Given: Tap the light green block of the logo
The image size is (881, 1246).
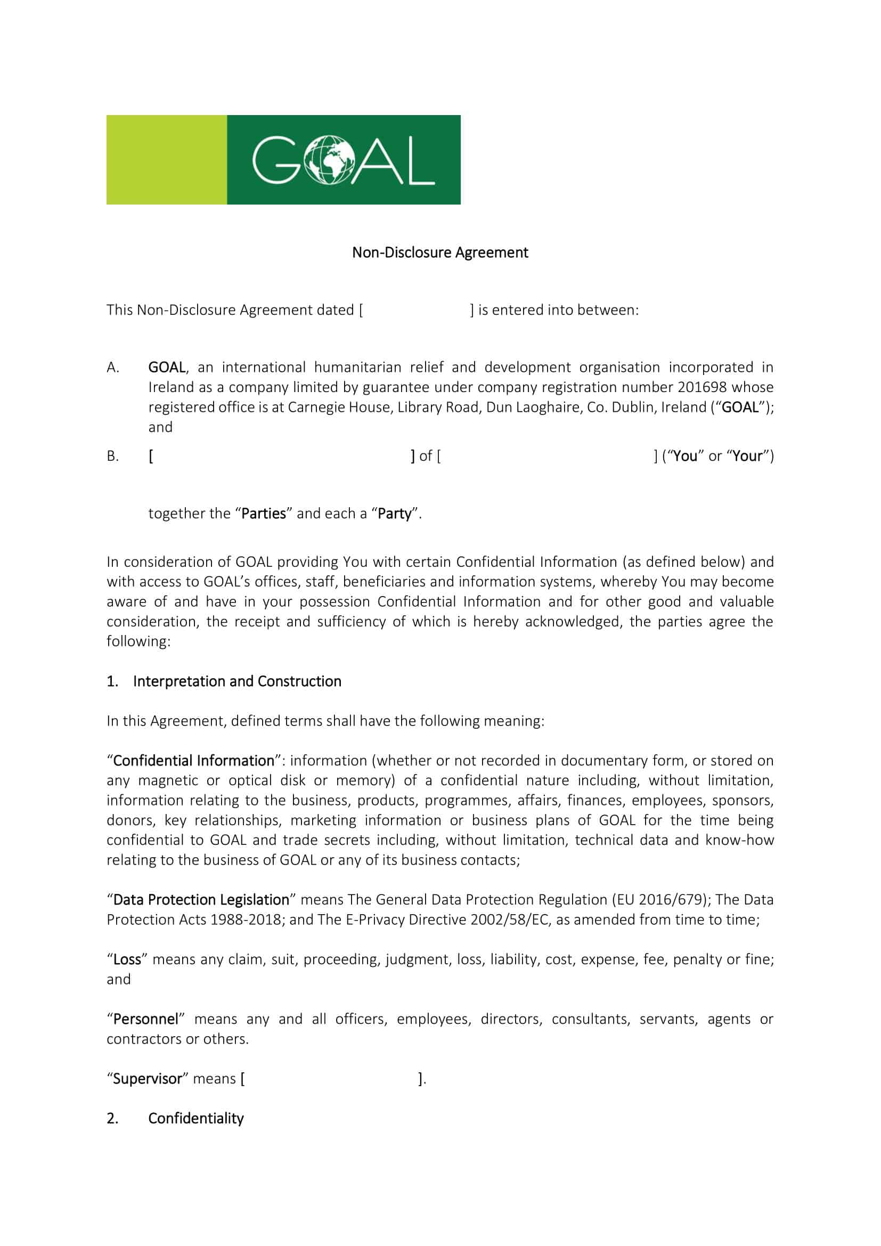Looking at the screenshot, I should click(x=167, y=160).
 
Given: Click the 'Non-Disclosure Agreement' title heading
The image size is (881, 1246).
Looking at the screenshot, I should click(x=440, y=253).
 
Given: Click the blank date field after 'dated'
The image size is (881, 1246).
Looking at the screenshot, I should click(x=416, y=310).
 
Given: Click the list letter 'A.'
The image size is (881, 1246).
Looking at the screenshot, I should click(x=113, y=368).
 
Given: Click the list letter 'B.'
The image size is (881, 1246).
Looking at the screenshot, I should click(x=113, y=456).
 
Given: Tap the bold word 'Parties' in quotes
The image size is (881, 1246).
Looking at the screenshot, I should click(x=263, y=514).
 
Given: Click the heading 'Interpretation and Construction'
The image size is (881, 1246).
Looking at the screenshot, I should click(x=237, y=681).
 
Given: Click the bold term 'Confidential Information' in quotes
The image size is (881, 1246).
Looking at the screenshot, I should click(x=194, y=760).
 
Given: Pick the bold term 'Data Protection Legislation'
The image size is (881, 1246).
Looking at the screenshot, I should click(x=201, y=899).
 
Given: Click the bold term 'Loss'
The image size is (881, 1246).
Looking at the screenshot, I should click(x=127, y=959).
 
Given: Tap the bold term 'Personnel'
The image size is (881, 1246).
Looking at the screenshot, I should click(x=145, y=1019).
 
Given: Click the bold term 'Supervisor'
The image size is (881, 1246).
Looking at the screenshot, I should click(x=147, y=1078).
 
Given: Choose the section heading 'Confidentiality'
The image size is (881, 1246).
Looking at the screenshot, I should click(x=196, y=1118).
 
